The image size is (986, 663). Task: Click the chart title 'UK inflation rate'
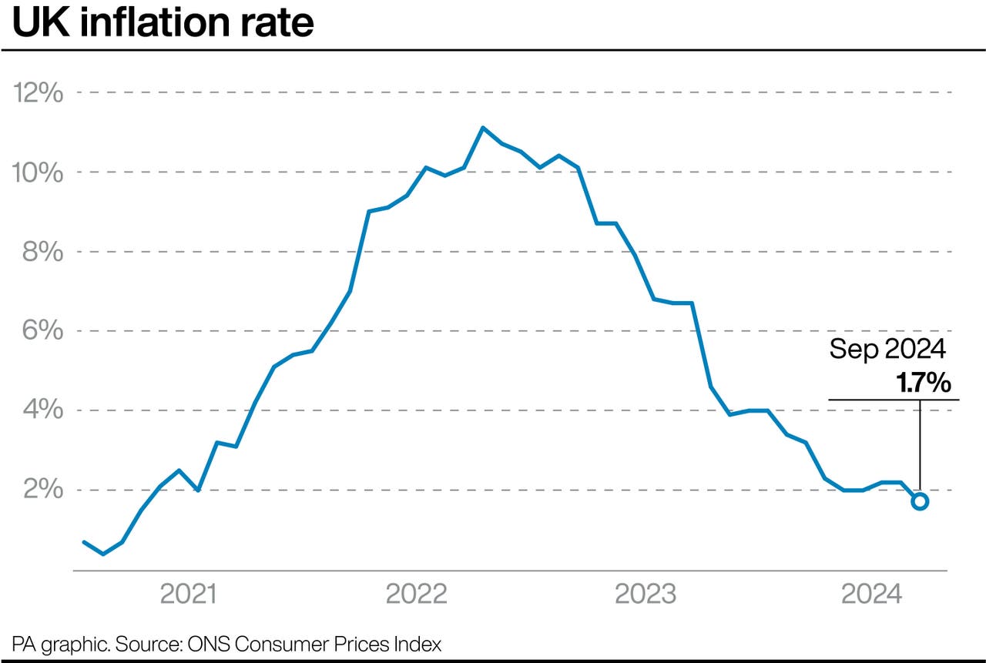click(x=163, y=23)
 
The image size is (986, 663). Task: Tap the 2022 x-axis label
click(x=416, y=594)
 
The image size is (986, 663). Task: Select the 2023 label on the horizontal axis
click(x=645, y=594)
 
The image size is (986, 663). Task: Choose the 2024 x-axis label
click(x=871, y=594)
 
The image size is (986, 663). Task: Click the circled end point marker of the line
click(x=920, y=501)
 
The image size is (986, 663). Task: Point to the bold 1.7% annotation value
click(x=923, y=383)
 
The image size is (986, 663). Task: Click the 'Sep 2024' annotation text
click(x=887, y=350)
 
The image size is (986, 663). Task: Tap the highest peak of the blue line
click(x=482, y=128)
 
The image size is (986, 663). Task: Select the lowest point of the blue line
click(x=103, y=554)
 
